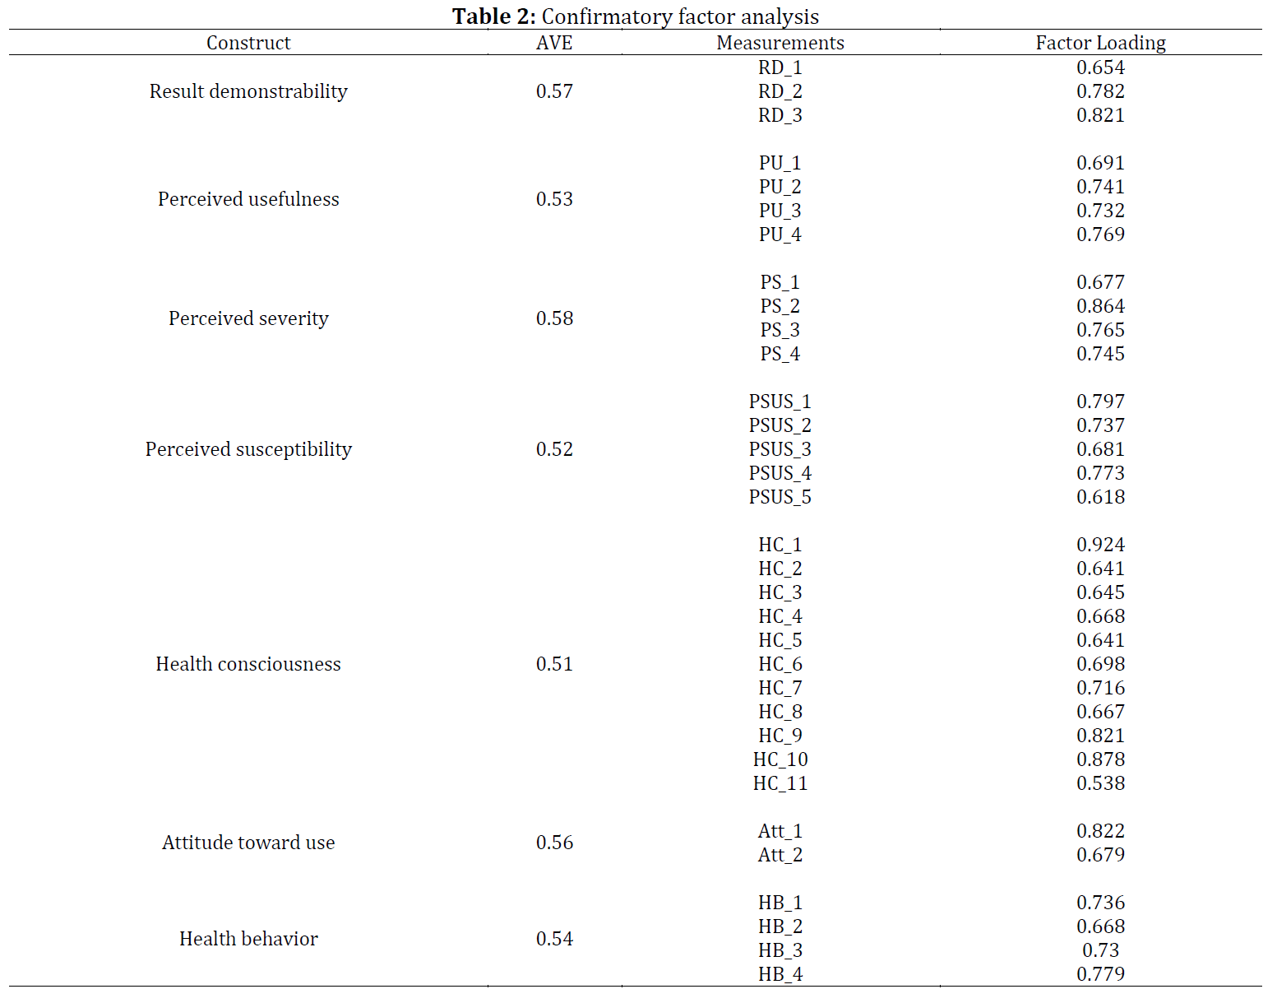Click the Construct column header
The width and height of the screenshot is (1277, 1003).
coord(248,43)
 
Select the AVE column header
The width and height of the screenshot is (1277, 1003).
coord(553,43)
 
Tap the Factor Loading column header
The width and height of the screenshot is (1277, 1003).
coord(1100,43)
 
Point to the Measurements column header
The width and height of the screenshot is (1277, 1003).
coord(780,43)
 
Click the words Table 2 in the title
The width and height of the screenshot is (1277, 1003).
coord(493,16)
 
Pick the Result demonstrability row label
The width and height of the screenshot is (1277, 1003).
coord(248,91)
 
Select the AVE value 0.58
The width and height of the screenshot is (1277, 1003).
coord(554,318)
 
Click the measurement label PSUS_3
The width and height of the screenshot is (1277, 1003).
coord(780,450)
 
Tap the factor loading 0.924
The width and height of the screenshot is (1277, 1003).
coord(1100,545)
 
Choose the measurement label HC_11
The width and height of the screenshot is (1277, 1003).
coord(780,783)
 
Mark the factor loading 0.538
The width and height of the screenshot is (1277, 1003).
coord(1100,783)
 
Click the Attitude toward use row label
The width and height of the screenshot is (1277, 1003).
coord(248,843)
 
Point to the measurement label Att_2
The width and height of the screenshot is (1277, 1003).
coord(780,856)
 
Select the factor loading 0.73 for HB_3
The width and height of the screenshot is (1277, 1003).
coord(1100,950)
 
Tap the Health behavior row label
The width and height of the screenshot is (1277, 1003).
coord(248,939)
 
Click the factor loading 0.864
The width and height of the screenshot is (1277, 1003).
coord(1100,306)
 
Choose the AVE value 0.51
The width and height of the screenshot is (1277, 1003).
coord(554,664)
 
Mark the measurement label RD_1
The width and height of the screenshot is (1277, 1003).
coord(780,68)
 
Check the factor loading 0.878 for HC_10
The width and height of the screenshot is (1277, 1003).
coord(1100,759)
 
